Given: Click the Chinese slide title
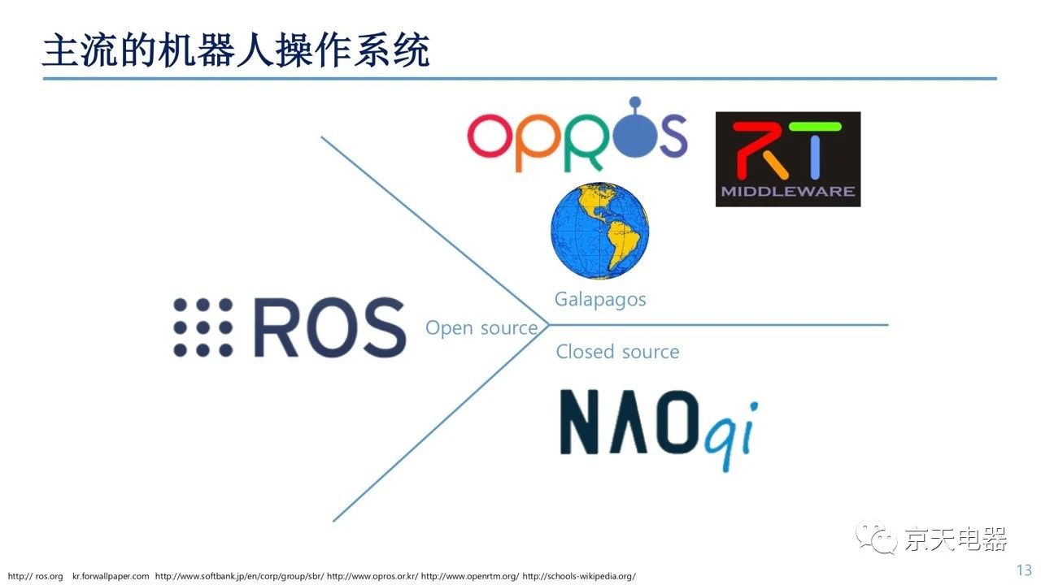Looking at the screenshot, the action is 236,50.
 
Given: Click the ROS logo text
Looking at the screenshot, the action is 330,327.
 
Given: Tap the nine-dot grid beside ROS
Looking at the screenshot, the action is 203,327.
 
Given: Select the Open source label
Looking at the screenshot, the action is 481,327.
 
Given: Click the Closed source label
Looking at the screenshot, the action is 617,352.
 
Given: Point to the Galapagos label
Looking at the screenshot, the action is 600,300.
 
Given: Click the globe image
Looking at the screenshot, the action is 599,231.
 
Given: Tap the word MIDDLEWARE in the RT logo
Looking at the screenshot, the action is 788,191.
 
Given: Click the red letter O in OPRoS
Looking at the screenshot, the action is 490,135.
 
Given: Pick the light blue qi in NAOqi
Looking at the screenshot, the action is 731,435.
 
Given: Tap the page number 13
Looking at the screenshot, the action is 1024,570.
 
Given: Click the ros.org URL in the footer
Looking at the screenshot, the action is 35,576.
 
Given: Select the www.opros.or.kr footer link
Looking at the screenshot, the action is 372,576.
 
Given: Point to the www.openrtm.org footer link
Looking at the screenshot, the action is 470,576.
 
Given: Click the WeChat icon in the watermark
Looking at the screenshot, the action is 877,537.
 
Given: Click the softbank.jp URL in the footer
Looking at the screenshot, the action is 239,576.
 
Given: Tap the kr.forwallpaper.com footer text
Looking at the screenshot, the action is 111,576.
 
